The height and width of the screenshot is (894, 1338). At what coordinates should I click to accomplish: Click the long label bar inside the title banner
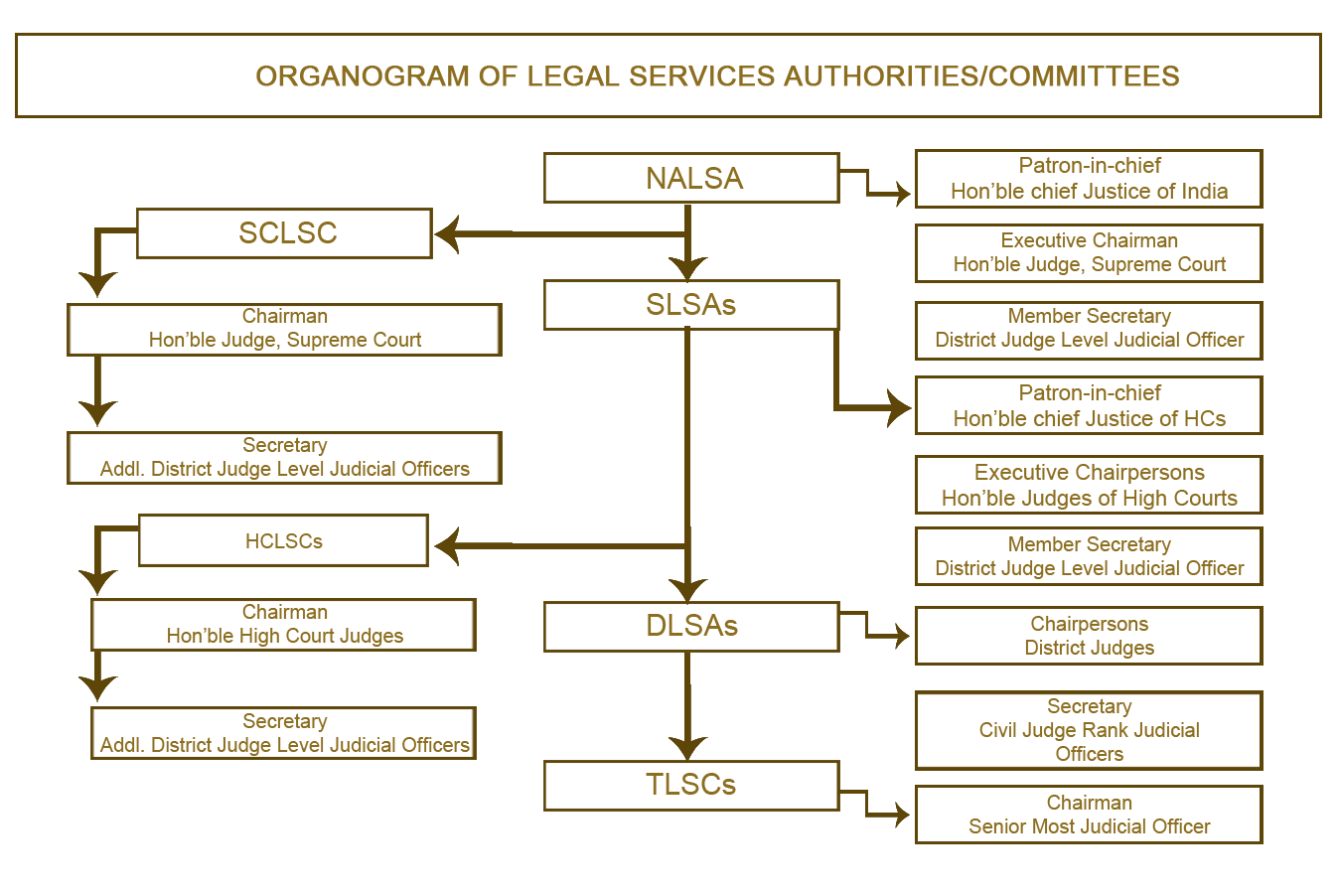tap(717, 76)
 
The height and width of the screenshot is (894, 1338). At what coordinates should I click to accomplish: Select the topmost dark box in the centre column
tap(691, 178)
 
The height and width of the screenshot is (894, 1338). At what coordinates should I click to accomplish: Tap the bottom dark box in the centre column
tap(691, 786)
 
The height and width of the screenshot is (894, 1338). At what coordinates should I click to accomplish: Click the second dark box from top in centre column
tap(691, 305)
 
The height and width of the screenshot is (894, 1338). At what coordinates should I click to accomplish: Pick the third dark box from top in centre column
tap(691, 627)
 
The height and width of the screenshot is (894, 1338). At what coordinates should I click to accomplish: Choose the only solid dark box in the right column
tap(1089, 730)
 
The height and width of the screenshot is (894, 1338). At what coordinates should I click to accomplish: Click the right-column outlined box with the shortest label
tap(1089, 636)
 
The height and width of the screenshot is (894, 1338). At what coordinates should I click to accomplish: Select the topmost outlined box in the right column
tap(1089, 179)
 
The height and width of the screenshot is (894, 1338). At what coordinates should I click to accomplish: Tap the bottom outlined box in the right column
tap(1089, 815)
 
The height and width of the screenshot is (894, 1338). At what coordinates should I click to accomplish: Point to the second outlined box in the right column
tap(1089, 253)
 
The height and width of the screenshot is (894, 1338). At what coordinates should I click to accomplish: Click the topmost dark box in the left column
tap(284, 233)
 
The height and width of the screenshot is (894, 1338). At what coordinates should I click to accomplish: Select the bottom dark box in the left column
tap(283, 733)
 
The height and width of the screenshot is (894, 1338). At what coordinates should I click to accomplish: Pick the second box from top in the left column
tap(284, 330)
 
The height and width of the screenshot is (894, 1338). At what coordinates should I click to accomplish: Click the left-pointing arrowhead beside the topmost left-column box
tap(447, 234)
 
